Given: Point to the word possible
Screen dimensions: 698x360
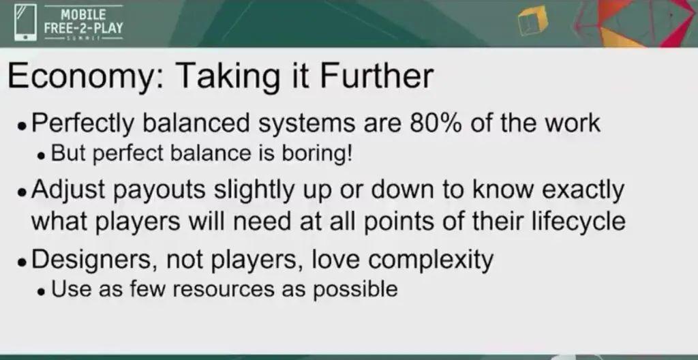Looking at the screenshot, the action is pos(354,290).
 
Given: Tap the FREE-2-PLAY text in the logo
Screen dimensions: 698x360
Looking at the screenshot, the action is pos(83,28).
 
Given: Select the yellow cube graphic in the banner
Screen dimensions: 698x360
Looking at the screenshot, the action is pos(533,21).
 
